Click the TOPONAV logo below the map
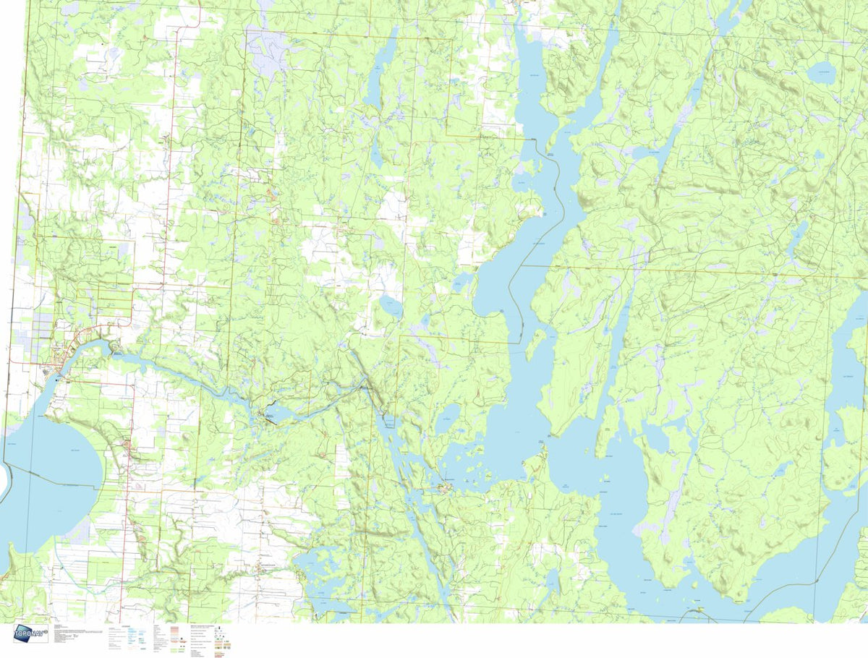pyautogui.click(x=30, y=634)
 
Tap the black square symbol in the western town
pyautogui.click(x=58, y=377)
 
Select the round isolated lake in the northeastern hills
pyautogui.click(x=822, y=72)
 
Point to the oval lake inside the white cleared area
pyautogui.click(x=391, y=307)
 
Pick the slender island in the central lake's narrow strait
pyautogui.click(x=535, y=346)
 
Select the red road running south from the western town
pyautogui.click(x=129, y=506)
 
